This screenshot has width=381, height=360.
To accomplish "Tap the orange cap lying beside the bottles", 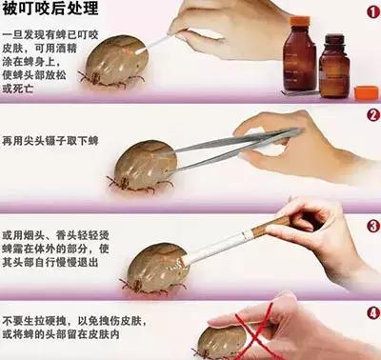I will point(365,92).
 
